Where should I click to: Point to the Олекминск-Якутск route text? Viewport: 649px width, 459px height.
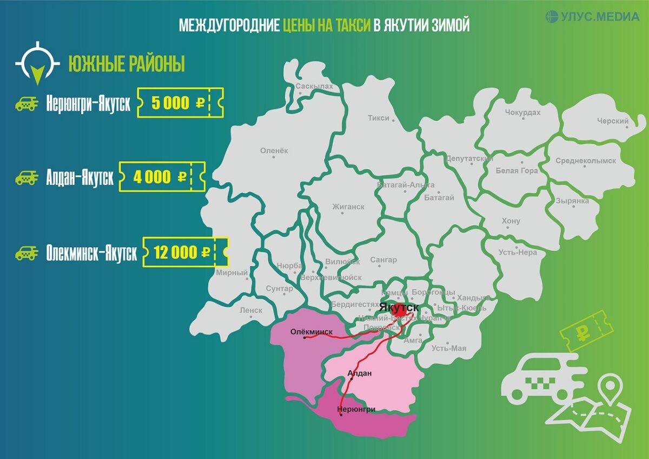(x=92, y=253)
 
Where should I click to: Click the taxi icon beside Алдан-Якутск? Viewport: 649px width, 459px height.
(x=26, y=177)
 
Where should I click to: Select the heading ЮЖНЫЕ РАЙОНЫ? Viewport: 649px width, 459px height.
(x=127, y=64)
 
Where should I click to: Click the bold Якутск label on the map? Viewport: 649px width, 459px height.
(x=399, y=307)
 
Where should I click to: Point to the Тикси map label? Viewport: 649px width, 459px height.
(x=379, y=117)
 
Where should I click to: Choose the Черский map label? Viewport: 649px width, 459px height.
(x=613, y=121)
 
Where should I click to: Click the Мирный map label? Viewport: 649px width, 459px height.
(x=231, y=273)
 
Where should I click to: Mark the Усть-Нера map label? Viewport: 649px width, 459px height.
(x=518, y=252)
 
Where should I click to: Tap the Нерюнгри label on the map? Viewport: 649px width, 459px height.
(x=356, y=409)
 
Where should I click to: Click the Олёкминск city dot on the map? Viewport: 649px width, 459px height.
(x=304, y=338)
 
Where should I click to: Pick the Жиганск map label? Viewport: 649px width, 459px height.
(x=348, y=207)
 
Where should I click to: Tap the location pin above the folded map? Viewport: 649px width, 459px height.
(x=611, y=388)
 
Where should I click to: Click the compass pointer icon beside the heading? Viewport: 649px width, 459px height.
(x=37, y=63)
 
